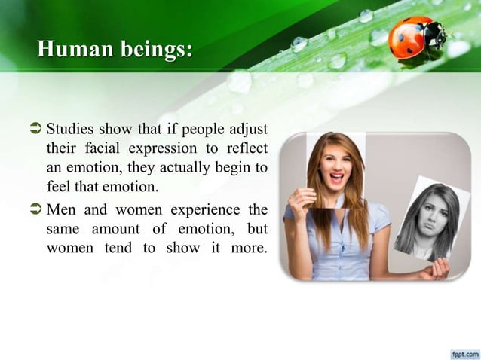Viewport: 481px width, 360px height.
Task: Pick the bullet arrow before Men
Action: point(37,209)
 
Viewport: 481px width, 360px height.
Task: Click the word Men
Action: point(63,209)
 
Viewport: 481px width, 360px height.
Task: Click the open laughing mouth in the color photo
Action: point(336,178)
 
